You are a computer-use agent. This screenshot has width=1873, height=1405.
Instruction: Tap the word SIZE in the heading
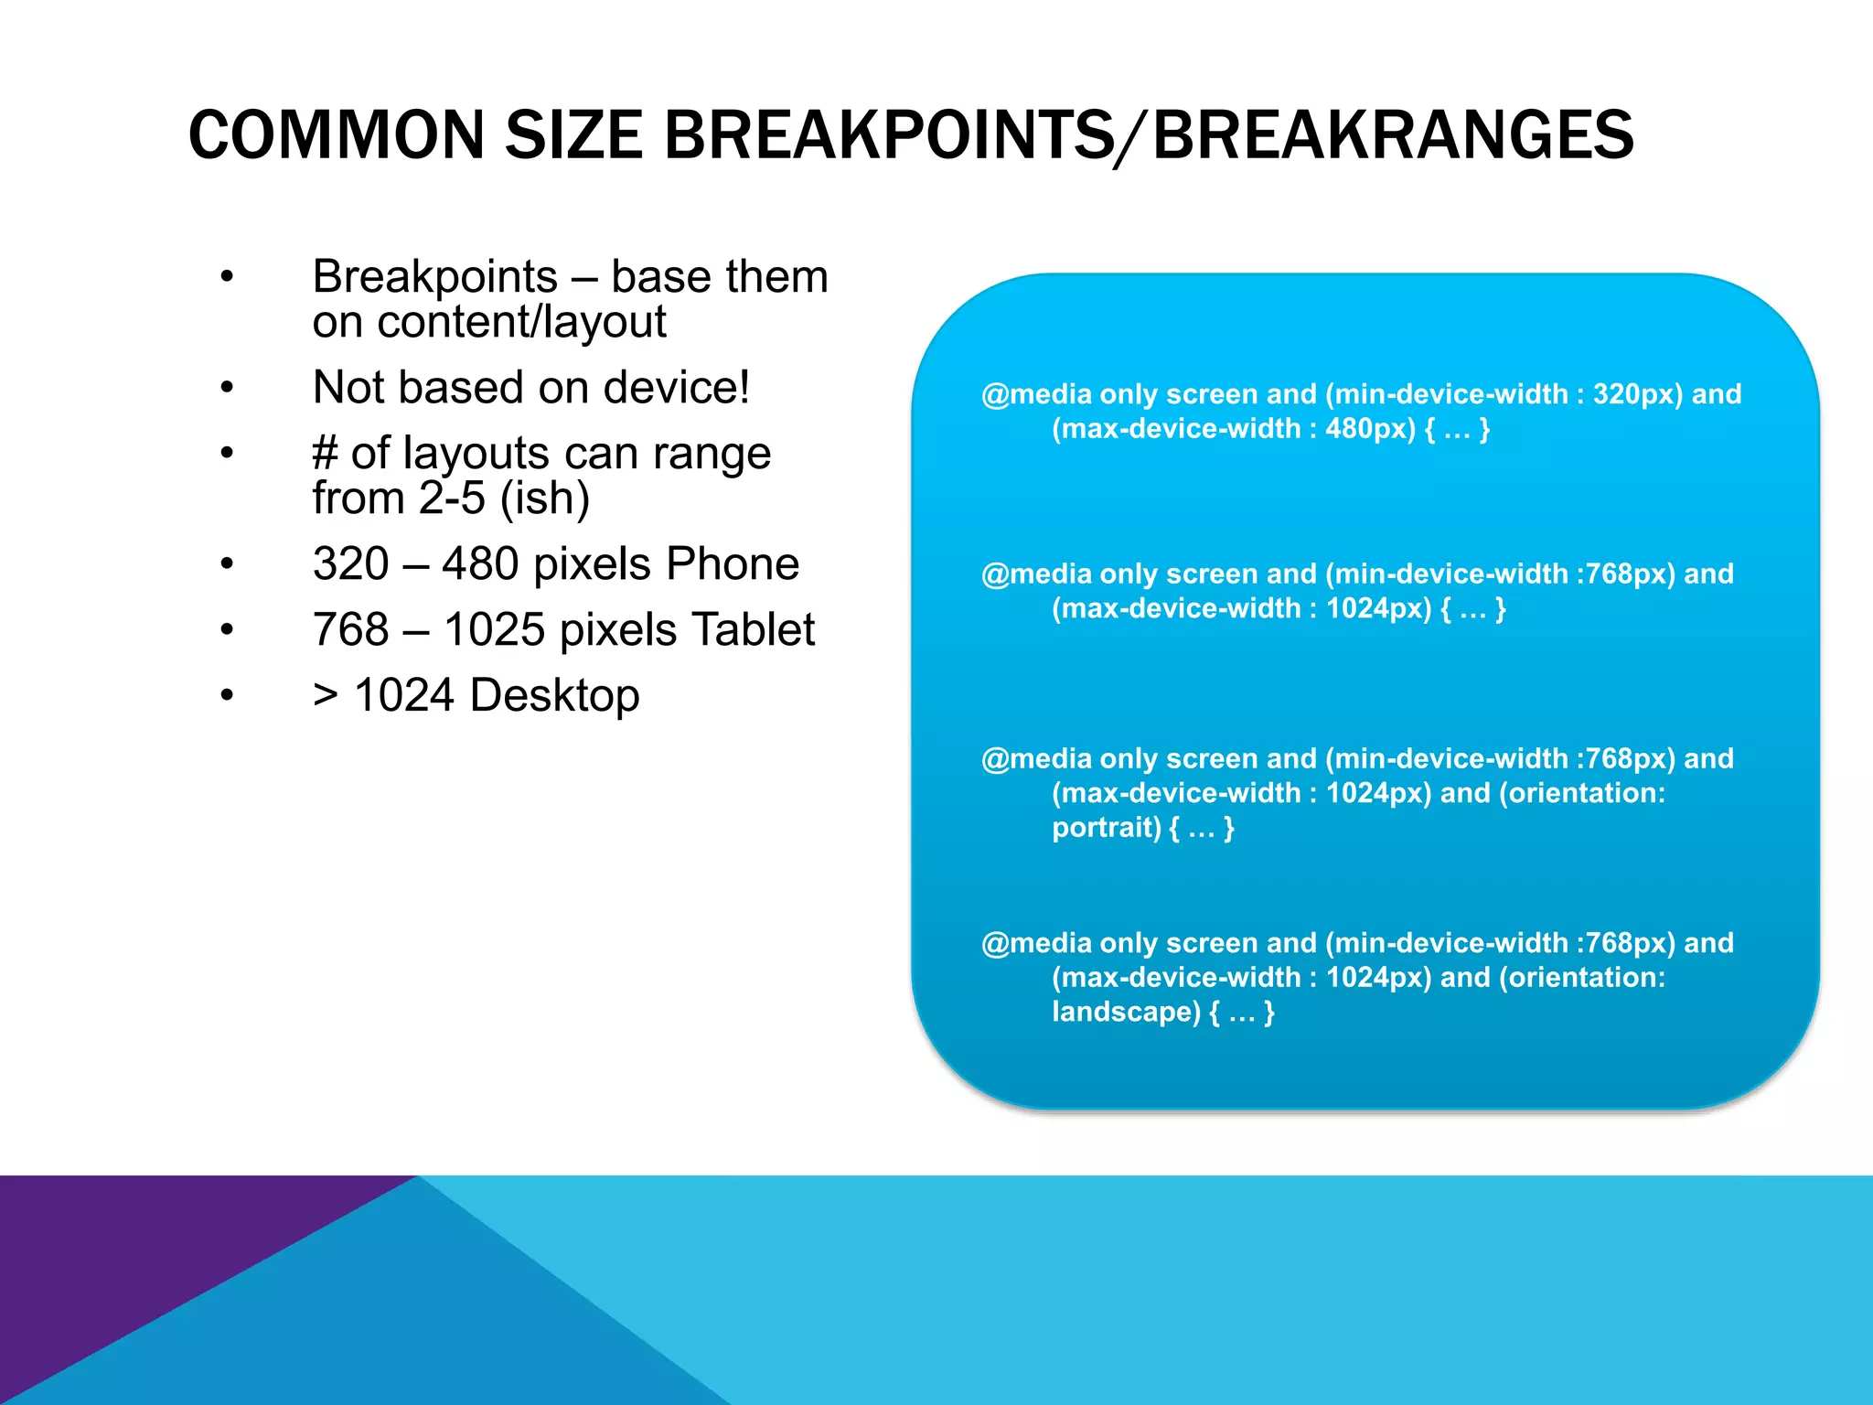573,135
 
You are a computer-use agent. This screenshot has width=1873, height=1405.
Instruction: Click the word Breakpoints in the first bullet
434,277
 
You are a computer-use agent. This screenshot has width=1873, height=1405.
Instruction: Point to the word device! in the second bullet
677,387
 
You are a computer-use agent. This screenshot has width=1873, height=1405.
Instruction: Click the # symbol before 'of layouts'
325,453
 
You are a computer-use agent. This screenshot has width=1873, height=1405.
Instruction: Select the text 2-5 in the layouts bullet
452,499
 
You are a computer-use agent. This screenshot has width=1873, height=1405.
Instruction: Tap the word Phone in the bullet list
732,563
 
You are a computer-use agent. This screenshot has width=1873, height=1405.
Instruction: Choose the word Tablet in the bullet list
752,629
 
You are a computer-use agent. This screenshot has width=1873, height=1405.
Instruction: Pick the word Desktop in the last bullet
554,695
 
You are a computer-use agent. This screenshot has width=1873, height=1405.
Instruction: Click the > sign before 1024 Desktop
325,695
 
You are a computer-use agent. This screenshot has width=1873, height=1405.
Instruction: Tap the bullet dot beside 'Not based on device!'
227,388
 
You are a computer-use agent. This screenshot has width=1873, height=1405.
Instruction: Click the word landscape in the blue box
1126,1012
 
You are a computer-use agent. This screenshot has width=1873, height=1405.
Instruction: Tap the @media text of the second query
1036,574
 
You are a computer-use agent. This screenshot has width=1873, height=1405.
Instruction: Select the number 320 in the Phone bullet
351,563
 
